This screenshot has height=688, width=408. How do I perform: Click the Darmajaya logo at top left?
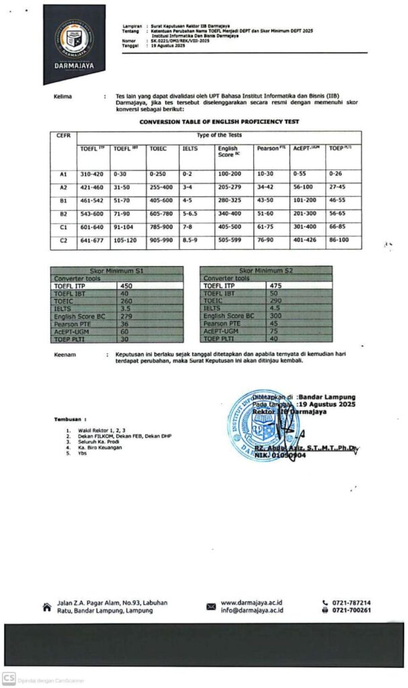74,42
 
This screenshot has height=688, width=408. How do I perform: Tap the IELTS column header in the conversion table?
190,148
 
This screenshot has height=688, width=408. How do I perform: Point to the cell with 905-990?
161,239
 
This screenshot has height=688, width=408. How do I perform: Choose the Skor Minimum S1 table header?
117,269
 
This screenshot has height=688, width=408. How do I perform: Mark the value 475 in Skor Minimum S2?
276,286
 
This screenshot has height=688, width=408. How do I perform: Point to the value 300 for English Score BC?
276,315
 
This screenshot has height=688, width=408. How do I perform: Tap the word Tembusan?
71,419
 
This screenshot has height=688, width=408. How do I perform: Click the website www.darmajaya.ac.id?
252,603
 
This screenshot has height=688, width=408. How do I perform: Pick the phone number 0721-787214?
351,603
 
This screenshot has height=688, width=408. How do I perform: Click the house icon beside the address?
46,607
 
